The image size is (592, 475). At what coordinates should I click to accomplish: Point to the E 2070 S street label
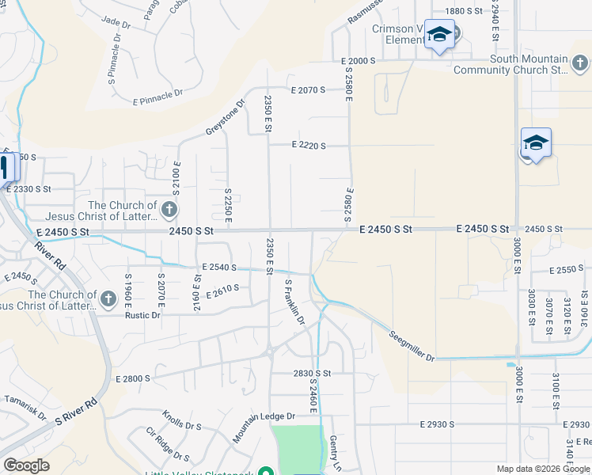coord(309,90)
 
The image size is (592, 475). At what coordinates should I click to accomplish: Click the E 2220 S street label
coord(309,145)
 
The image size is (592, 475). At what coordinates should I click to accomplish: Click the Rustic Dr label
coord(142,315)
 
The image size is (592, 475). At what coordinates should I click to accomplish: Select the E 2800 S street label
coord(132,379)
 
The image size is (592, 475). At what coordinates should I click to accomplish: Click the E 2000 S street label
coord(358,61)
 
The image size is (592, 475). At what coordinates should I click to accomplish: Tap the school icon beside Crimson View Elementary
coord(439,35)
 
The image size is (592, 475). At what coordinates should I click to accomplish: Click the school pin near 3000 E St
coord(536,143)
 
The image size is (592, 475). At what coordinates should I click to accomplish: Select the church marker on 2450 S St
coord(169,210)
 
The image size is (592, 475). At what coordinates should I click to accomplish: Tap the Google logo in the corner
coord(26,465)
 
